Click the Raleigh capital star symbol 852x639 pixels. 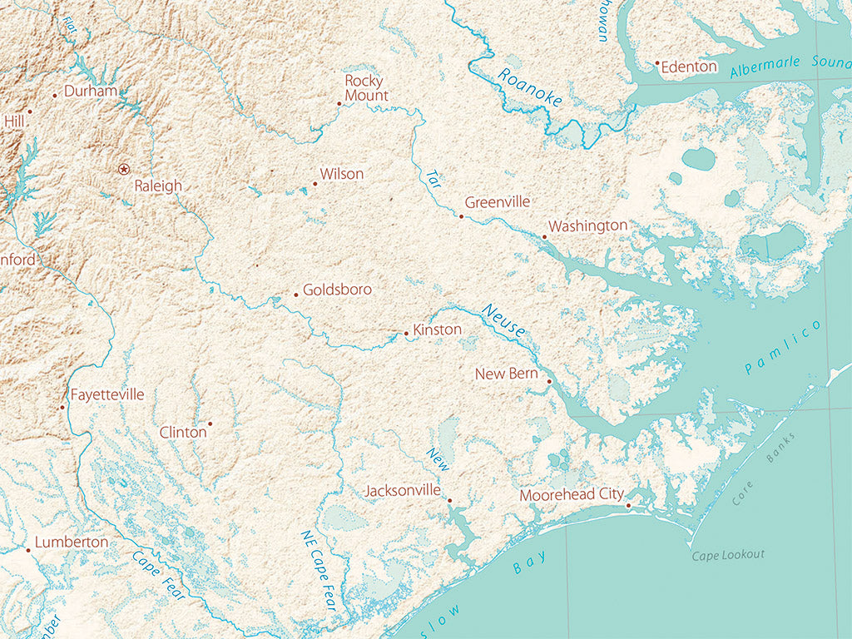[x=124, y=169]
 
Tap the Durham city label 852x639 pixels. [x=90, y=91]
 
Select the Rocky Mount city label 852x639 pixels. [x=365, y=88]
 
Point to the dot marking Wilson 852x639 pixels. [x=315, y=184]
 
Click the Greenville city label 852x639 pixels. [x=497, y=202]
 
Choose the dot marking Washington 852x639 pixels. [x=545, y=237]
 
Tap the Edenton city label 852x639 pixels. [x=689, y=67]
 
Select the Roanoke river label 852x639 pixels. [x=530, y=87]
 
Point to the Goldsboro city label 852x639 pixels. [x=337, y=290]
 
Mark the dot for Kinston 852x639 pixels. [x=406, y=334]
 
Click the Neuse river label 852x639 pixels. [x=503, y=320]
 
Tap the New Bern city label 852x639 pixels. [x=506, y=374]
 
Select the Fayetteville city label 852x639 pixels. [x=106, y=394]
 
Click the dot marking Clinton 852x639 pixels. [x=210, y=424]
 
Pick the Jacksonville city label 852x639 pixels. [x=403, y=491]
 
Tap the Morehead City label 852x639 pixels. [x=571, y=495]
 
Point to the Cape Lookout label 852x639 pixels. [x=728, y=555]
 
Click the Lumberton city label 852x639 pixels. [x=72, y=542]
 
